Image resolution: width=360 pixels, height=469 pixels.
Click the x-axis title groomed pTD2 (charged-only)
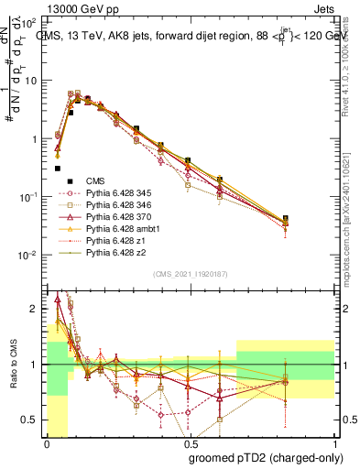(265, 457)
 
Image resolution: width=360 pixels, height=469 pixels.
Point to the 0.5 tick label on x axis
(188, 444)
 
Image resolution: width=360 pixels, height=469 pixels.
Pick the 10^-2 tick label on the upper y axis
(31, 255)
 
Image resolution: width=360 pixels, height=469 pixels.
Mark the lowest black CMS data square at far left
(58, 169)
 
